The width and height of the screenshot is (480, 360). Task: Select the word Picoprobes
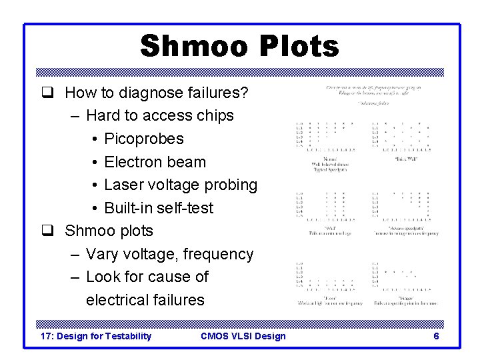144,139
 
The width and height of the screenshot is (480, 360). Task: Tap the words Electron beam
155,162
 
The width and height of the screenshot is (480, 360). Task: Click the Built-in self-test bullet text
159,208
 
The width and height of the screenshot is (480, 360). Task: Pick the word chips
215,115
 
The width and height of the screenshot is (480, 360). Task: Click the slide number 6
436,336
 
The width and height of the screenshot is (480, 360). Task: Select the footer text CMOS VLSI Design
243,336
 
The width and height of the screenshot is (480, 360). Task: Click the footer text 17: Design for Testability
96,336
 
